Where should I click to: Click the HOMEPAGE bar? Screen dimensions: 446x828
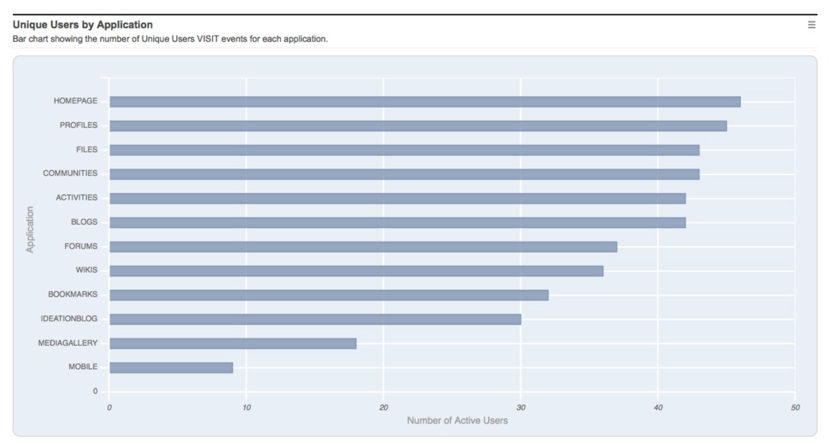424,102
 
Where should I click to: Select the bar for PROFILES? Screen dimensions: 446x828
418,126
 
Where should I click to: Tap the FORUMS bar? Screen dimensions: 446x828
363,247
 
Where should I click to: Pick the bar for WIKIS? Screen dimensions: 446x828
356,271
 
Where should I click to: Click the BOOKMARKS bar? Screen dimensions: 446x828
329,295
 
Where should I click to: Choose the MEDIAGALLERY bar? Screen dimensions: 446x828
233,343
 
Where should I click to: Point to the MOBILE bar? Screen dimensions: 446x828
171,368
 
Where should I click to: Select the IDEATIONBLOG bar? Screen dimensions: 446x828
315,319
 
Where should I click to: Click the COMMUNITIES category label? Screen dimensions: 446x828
70,173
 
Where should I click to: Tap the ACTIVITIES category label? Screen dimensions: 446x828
76,198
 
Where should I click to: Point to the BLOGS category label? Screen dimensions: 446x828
84,222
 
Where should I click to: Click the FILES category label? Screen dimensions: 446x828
86,149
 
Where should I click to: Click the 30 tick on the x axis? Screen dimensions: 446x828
520,408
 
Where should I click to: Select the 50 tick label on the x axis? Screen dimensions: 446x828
795,408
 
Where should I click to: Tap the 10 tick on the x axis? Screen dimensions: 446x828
246,408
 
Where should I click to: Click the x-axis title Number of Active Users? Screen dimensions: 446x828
457,421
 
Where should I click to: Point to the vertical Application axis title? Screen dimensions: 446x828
30,230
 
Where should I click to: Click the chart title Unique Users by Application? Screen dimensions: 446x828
83,25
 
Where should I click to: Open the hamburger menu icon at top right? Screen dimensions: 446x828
811,25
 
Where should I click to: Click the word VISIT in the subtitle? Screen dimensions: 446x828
208,39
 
